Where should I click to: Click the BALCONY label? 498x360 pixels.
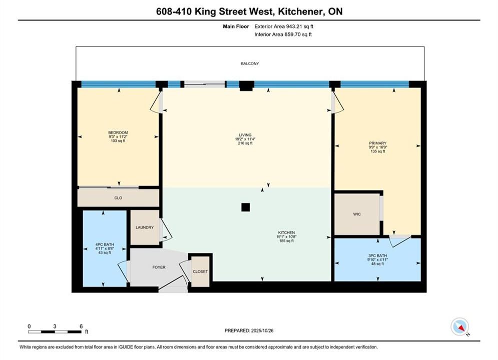[250, 64]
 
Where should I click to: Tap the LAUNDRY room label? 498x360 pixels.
[145, 227]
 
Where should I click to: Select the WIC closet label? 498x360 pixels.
[357, 214]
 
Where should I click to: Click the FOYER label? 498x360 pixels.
[159, 267]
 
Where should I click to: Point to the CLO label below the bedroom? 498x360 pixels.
[118, 198]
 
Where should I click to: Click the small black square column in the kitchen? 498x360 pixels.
[246, 207]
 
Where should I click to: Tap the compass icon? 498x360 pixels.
[459, 326]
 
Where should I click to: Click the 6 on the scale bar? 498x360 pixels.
[81, 326]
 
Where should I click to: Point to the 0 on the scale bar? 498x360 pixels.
[29, 326]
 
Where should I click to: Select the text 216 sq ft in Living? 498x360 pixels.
[245, 143]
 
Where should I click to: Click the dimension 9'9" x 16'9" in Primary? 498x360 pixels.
[377, 147]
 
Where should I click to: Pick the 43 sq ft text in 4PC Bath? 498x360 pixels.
[105, 253]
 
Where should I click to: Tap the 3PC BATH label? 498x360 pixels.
[377, 255]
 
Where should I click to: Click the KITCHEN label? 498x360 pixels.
[286, 232]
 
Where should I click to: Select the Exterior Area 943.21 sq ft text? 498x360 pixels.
[284, 26]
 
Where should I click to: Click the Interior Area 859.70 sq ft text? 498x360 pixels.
[283, 34]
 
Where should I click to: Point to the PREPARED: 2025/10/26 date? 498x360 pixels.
[249, 330]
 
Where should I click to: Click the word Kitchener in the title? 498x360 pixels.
[299, 11]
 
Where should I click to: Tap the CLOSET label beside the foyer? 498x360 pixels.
[200, 272]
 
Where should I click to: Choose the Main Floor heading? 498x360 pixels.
[236, 26]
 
